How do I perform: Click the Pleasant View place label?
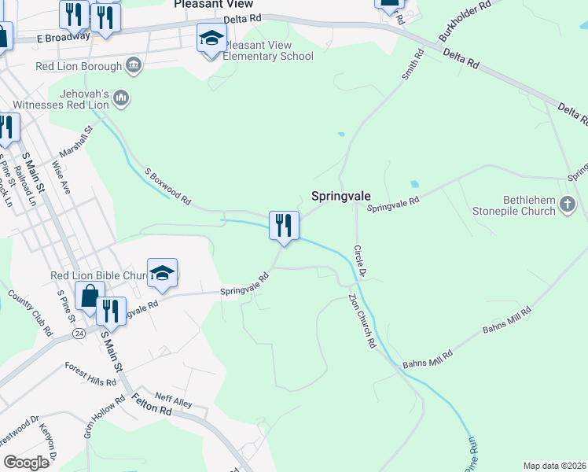coord(213,4)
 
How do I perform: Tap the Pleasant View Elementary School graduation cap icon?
coord(211,38)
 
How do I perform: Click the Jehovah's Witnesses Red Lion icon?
coord(120,98)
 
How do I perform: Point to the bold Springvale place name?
coord(341,196)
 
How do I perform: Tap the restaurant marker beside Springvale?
coord(284,226)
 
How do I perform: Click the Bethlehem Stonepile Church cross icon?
coord(568,205)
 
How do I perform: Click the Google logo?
coord(26,462)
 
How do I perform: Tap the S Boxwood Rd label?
coord(167,186)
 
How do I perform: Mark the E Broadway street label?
coord(63,38)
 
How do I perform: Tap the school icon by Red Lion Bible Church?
coord(162,273)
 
